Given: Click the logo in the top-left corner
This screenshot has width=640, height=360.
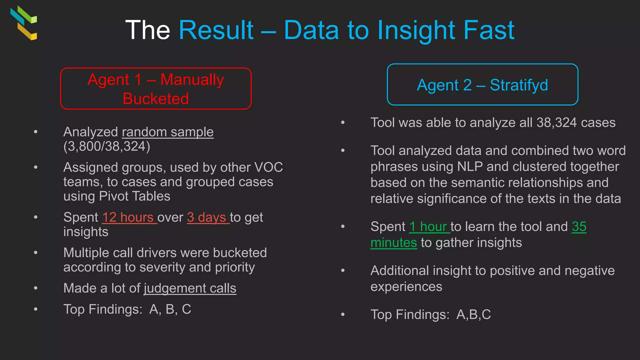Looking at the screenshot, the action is tap(24, 23).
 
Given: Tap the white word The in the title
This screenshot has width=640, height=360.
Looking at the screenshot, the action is tap(147, 30).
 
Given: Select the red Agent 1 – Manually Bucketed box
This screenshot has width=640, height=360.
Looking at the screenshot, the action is tap(156, 89).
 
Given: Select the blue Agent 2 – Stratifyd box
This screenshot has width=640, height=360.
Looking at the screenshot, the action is tap(482, 85).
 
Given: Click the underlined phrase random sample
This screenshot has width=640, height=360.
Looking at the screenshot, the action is tap(167, 132).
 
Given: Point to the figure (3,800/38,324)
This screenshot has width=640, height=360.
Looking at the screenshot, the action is tap(107, 146).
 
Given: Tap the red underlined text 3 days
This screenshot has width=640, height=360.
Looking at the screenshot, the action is tap(207, 217).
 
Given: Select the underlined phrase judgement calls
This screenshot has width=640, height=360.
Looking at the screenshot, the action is tap(190, 288).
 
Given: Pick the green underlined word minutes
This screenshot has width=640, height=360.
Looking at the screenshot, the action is tap(393, 242).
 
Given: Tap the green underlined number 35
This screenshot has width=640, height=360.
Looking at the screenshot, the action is tap(579, 227).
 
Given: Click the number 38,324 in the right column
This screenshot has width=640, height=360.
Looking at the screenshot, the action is tap(556, 122).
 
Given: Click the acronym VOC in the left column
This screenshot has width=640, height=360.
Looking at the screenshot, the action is tap(268, 167).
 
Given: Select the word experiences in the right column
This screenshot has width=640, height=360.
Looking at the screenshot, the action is tap(406, 287).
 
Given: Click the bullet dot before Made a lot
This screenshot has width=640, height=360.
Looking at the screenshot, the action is tap(36, 288).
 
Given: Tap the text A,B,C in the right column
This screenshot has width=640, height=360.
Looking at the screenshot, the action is tap(473, 314).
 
